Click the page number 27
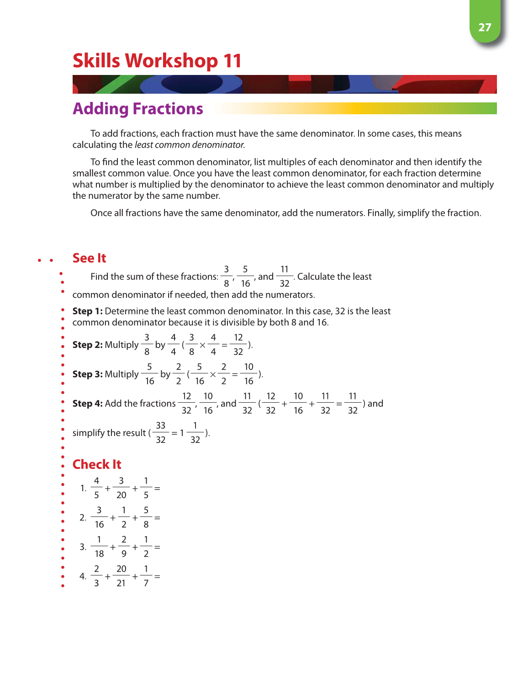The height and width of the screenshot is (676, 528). tap(485, 27)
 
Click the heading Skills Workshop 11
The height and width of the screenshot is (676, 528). tap(157, 61)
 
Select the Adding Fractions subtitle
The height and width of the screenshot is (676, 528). tap(137, 109)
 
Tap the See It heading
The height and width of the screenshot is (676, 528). tap(89, 258)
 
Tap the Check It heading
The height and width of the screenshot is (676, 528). tap(97, 464)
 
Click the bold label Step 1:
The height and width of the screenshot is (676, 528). tap(87, 311)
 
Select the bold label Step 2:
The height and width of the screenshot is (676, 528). tap(87, 345)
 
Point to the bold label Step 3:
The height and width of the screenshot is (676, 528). tap(87, 374)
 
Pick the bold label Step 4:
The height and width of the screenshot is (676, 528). tap(87, 404)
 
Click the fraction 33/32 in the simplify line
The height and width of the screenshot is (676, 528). tap(160, 433)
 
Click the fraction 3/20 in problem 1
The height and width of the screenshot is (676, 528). tap(121, 488)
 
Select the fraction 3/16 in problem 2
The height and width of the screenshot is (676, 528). tap(99, 517)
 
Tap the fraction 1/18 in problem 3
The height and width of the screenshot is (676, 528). tap(99, 547)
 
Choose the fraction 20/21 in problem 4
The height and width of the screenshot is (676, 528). tap(121, 576)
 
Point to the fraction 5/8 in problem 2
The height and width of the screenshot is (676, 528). tap(146, 517)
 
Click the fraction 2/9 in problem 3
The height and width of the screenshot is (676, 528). tap(124, 547)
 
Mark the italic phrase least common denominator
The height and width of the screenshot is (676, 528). tap(190, 145)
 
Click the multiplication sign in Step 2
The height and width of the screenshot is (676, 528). tap(202, 346)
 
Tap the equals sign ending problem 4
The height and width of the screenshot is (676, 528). tap(157, 577)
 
